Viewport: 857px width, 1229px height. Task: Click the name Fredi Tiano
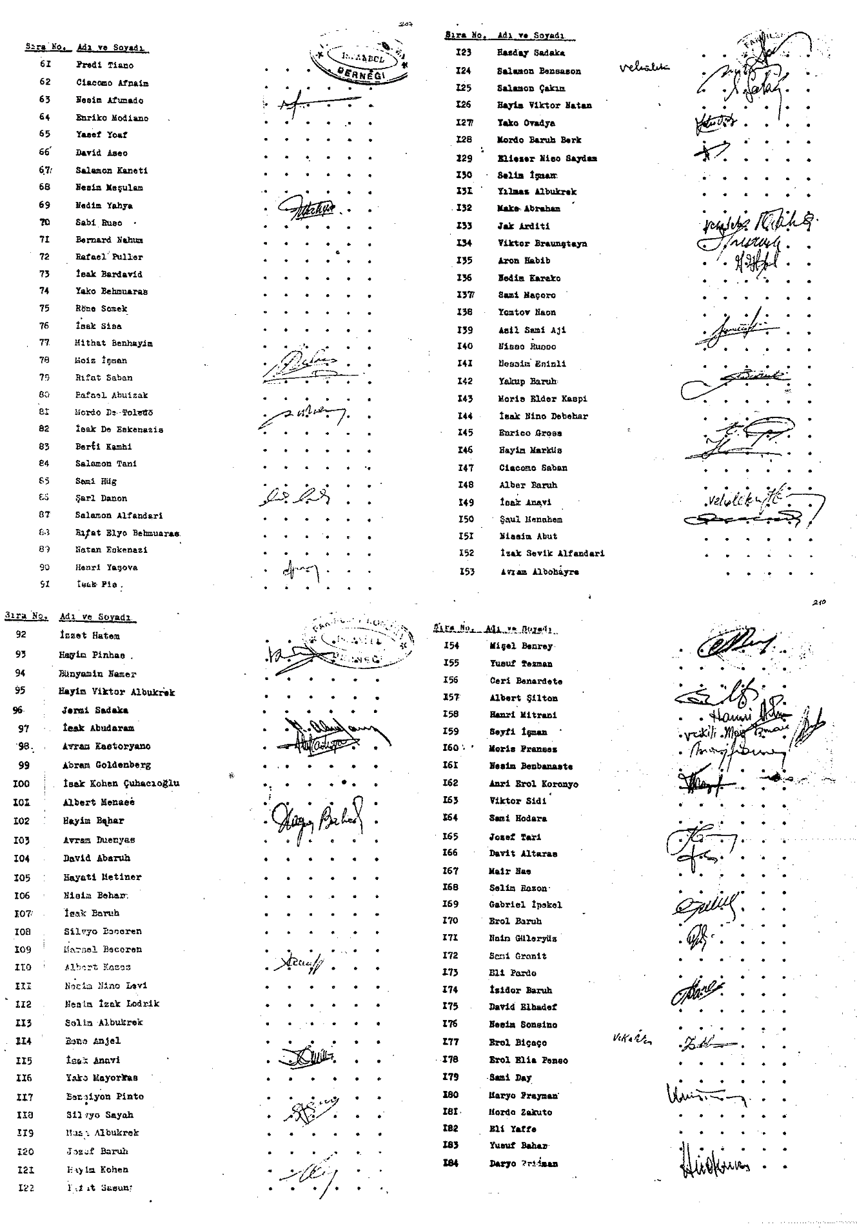click(x=104, y=65)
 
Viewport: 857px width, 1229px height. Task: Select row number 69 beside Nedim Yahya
click(x=44, y=205)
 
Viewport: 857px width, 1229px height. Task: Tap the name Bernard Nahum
click(x=109, y=240)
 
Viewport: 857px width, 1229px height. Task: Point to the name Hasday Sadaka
click(x=531, y=53)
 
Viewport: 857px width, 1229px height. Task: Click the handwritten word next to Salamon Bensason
click(x=644, y=66)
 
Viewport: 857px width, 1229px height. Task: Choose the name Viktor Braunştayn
click(x=542, y=243)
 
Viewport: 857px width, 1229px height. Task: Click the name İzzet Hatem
click(x=89, y=635)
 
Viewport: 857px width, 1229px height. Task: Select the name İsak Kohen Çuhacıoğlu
click(x=121, y=783)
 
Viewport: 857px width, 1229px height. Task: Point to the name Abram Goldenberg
click(x=106, y=765)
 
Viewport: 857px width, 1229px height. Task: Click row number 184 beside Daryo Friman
click(x=451, y=1163)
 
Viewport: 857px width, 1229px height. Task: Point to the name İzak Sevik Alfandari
click(x=552, y=553)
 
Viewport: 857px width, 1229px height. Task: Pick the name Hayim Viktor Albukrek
click(x=116, y=692)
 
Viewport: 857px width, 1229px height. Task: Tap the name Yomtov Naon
click(x=527, y=312)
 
